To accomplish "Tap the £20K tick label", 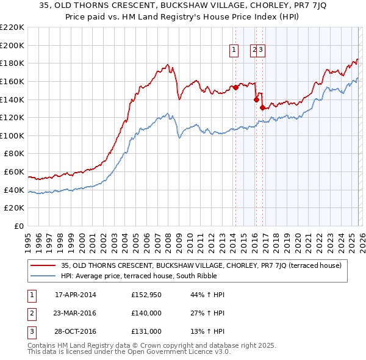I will pyautogui.click(x=15, y=208).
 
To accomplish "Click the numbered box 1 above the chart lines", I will pyautogui.click(x=234, y=51).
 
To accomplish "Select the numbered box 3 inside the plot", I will pyautogui.click(x=260, y=51).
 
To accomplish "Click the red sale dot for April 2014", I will pyautogui.click(x=235, y=87).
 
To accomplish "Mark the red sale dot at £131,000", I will pyautogui.click(x=263, y=107).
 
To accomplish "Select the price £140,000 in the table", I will pyautogui.click(x=146, y=313).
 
